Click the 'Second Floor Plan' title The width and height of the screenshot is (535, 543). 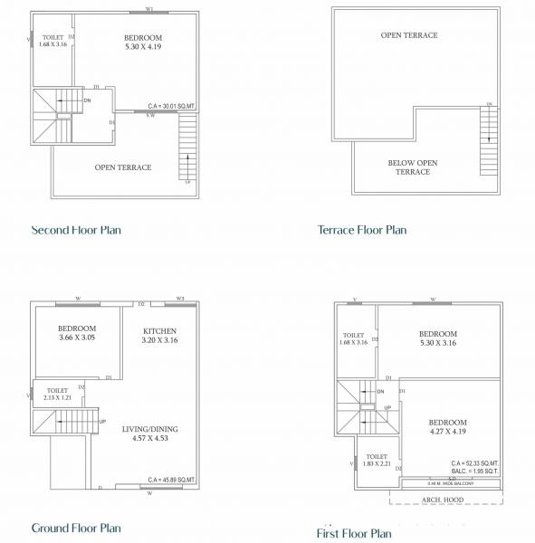click(x=76, y=230)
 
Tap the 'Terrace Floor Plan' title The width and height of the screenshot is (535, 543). click(x=362, y=230)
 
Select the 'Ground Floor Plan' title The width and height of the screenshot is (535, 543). click(x=76, y=528)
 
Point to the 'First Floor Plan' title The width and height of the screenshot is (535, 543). click(x=354, y=534)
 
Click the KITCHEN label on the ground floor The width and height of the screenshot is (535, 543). click(x=159, y=331)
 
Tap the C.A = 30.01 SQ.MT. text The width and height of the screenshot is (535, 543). click(x=172, y=105)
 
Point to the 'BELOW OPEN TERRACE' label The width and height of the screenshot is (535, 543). click(x=413, y=167)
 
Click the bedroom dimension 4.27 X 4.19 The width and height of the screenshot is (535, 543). click(x=447, y=433)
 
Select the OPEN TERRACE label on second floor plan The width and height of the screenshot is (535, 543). click(x=123, y=167)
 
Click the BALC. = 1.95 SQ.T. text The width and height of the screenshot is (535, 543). click(x=474, y=471)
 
